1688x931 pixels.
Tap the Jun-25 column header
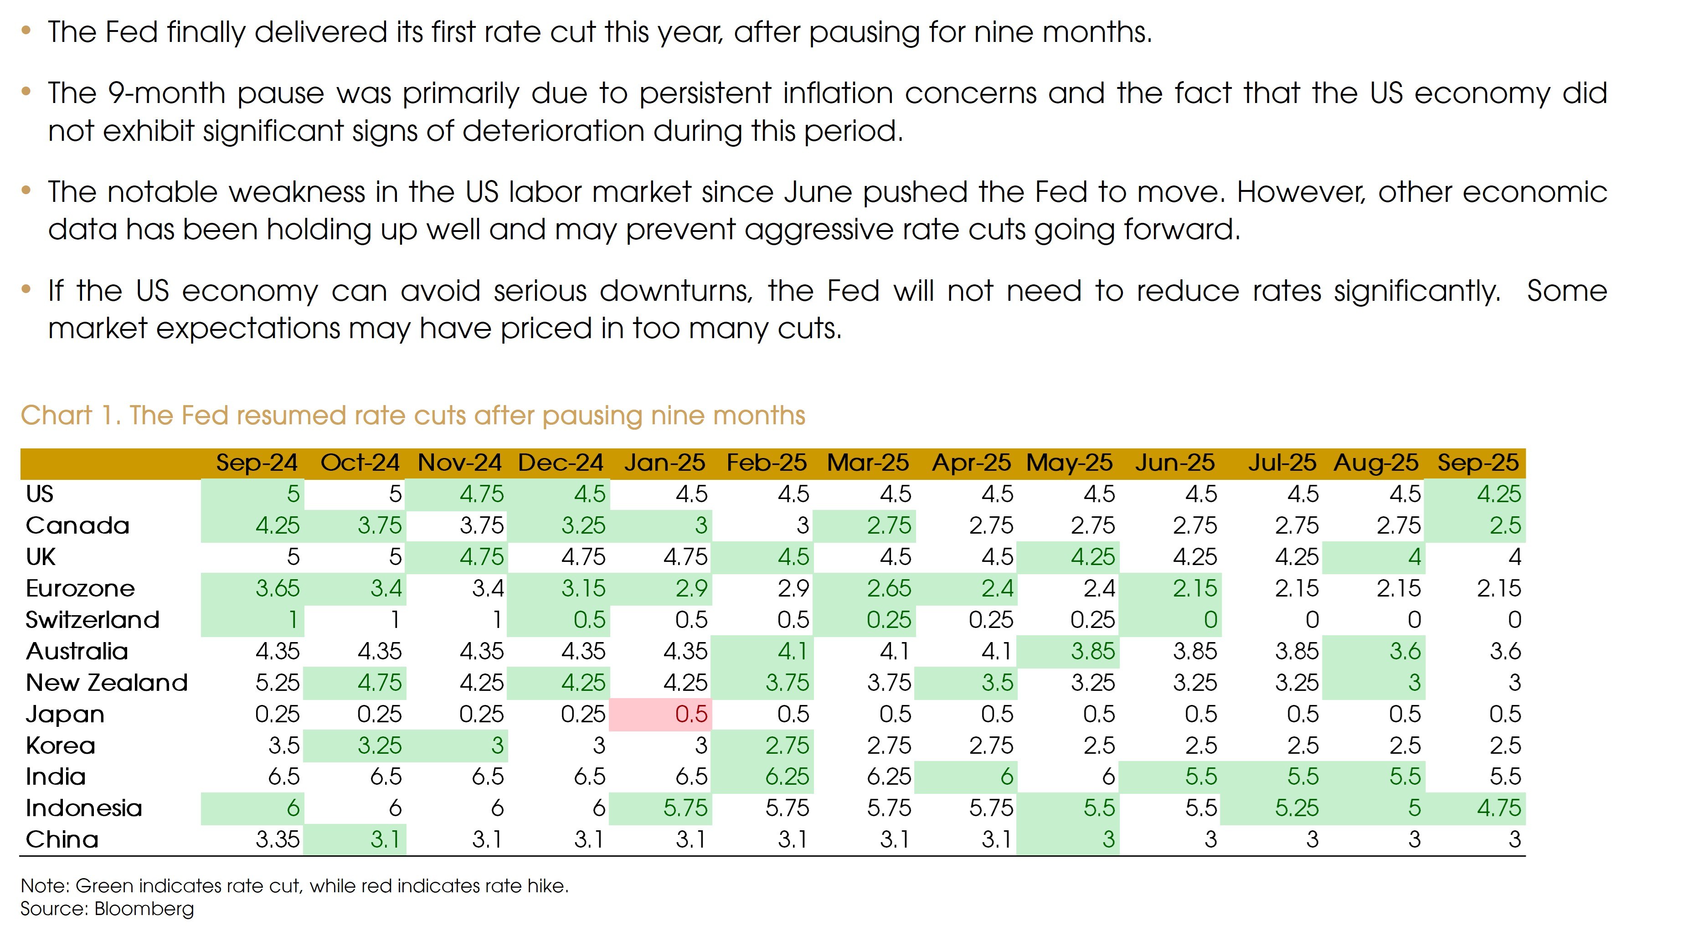[1175, 463]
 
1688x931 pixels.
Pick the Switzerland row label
[93, 620]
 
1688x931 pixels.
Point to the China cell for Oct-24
[385, 840]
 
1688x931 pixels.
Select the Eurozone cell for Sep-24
[277, 588]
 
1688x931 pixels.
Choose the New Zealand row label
[107, 683]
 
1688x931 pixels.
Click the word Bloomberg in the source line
[144, 909]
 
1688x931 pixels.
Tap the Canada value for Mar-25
[889, 525]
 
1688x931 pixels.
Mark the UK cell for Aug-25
[1414, 557]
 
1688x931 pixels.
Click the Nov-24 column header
[459, 463]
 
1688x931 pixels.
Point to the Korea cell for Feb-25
[787, 746]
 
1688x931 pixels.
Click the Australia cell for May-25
[1092, 651]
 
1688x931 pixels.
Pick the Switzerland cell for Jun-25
[1209, 620]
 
